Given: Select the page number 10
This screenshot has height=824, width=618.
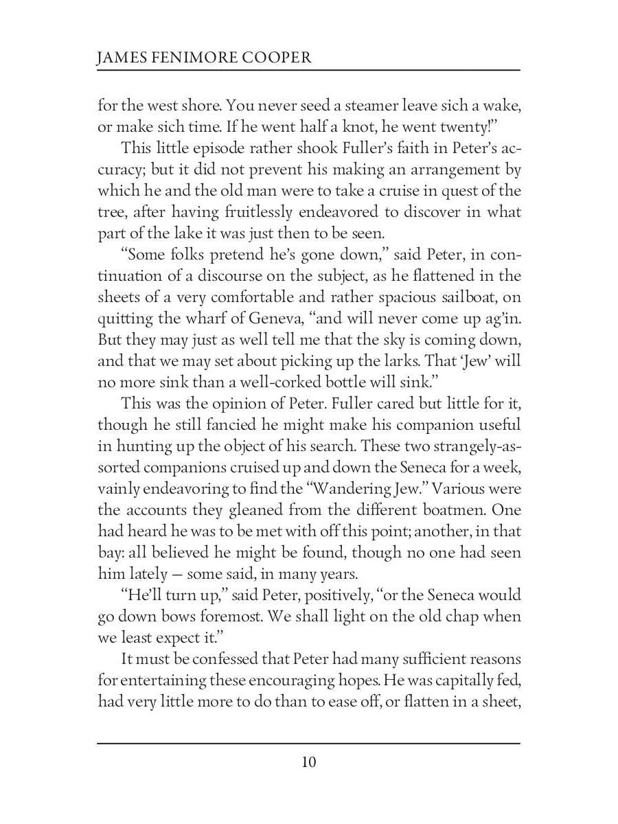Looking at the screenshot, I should [308, 762].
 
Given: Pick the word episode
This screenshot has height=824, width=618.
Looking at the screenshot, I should [218, 148].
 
